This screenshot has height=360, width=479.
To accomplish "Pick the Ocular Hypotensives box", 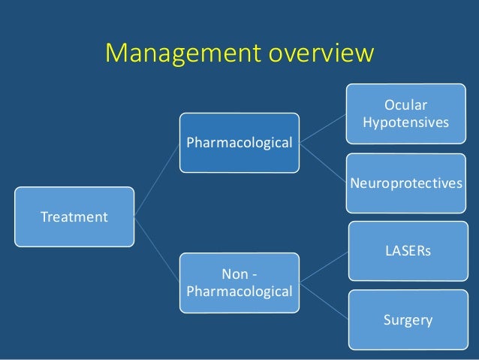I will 405,112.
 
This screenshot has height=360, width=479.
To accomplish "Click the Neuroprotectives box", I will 405,183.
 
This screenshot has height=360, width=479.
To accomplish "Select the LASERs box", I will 405,250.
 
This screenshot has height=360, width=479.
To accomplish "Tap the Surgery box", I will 405,320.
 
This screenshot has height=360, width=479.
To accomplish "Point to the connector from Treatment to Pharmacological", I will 158,180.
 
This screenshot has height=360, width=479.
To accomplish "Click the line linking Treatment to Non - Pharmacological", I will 158,250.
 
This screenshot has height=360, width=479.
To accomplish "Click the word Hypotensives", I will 405,121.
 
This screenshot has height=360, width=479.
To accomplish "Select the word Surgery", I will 408,320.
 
